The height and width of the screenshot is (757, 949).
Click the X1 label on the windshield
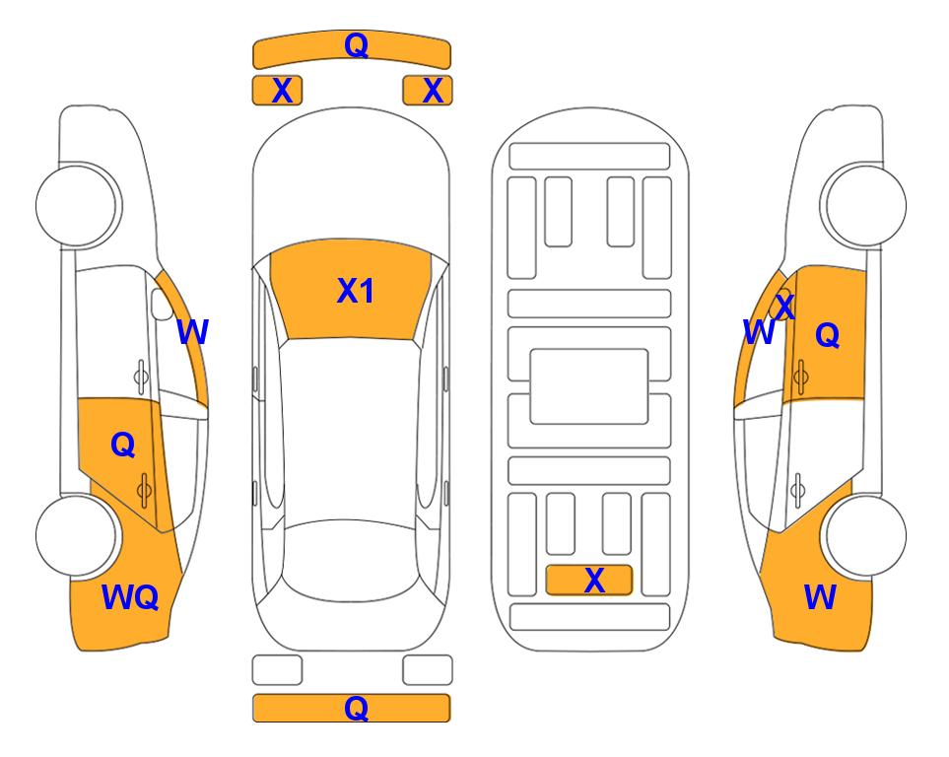pyautogui.click(x=356, y=291)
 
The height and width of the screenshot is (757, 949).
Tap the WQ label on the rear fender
pyautogui.click(x=130, y=597)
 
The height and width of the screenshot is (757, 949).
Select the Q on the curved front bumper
pyautogui.click(x=357, y=44)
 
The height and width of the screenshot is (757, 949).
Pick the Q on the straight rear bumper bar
pyautogui.click(x=357, y=708)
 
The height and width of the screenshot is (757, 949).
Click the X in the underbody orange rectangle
pyautogui.click(x=594, y=581)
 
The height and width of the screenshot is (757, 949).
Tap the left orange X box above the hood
pyautogui.click(x=277, y=91)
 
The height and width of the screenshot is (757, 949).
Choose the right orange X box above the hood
pyautogui.click(x=428, y=91)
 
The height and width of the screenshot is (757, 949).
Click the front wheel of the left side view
pyautogui.click(x=77, y=205)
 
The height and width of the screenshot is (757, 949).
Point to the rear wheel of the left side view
pyautogui.click(x=77, y=535)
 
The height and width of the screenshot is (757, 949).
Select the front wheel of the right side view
pyautogui.click(x=865, y=205)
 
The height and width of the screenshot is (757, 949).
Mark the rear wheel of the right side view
pyautogui.click(x=865, y=535)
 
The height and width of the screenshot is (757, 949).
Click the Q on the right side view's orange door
pyautogui.click(x=828, y=334)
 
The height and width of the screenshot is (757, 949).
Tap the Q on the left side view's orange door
pyautogui.click(x=123, y=446)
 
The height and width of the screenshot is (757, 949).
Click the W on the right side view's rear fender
pyautogui.click(x=820, y=597)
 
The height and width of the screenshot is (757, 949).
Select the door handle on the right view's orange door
pyautogui.click(x=800, y=377)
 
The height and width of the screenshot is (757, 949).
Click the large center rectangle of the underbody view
pyautogui.click(x=589, y=386)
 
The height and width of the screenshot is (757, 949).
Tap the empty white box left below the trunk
pyautogui.click(x=277, y=670)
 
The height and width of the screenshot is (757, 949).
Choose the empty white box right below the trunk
pyautogui.click(x=428, y=670)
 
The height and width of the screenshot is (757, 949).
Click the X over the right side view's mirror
pyautogui.click(x=784, y=307)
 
